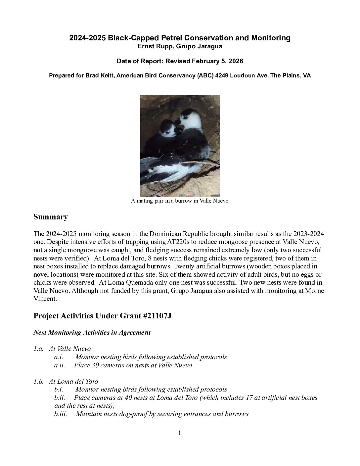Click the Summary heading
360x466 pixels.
point(50,217)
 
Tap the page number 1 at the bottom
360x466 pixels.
point(180,433)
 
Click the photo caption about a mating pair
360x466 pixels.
point(180,201)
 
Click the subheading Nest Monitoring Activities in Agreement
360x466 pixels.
point(92,333)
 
